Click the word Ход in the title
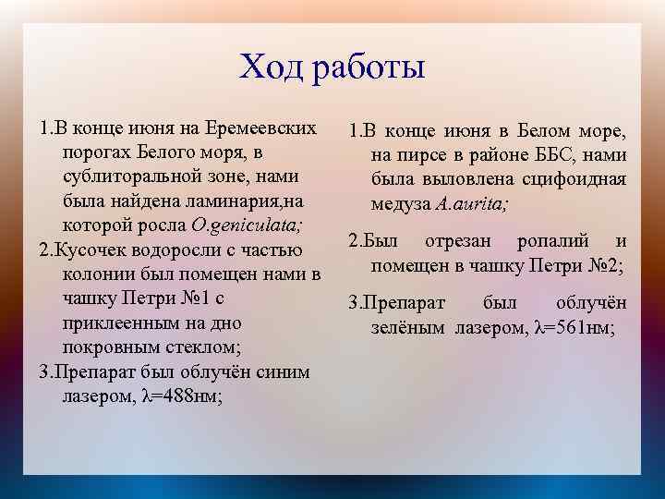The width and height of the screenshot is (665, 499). coord(270,67)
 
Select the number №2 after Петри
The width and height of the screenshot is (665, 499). coord(602,266)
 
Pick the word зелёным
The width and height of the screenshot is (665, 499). coord(407,326)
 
